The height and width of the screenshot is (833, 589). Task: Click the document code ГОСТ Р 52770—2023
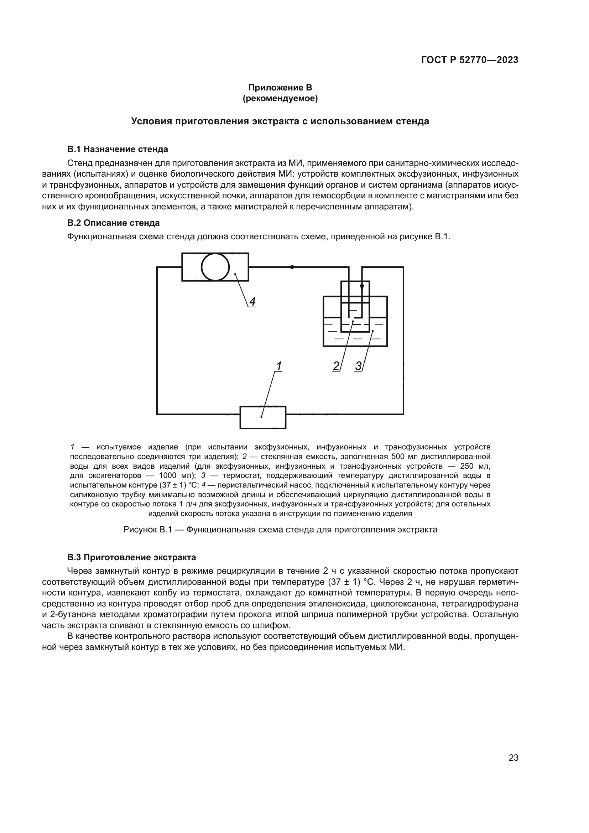[x=469, y=60]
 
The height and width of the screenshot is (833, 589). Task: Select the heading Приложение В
[x=280, y=88]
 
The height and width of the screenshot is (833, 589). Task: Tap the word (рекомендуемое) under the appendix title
[x=280, y=98]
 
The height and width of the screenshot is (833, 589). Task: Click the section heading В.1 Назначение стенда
[x=118, y=149]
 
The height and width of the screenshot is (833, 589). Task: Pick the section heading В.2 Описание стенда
[x=113, y=223]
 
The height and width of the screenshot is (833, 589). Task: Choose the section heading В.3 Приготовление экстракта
[x=131, y=557]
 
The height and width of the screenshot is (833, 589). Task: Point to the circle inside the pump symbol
[x=215, y=267]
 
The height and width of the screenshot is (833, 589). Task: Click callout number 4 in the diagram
[x=252, y=302]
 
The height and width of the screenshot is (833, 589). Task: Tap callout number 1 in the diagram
[x=278, y=366]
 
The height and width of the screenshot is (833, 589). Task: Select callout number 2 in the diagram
[x=336, y=366]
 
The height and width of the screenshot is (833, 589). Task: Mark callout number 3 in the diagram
[x=358, y=366]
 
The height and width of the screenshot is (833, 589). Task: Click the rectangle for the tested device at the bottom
[x=262, y=418]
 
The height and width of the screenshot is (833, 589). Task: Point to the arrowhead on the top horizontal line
[x=291, y=267]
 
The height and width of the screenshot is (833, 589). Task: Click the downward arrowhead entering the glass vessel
[x=361, y=288]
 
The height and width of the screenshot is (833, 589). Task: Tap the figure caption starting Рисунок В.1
[x=280, y=530]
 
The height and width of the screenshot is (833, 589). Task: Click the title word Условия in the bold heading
[x=151, y=121]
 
